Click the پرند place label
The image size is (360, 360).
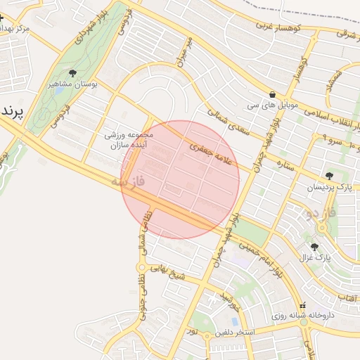pos(13,112)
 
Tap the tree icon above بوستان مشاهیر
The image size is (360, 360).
pos(73,73)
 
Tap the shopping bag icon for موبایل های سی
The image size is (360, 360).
pos(272,94)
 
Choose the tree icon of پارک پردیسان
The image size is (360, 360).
pos(329,176)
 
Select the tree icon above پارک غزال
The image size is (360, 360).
pos(314,247)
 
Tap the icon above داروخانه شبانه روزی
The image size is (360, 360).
pos(303,306)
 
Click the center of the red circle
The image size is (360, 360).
pos(181,179)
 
